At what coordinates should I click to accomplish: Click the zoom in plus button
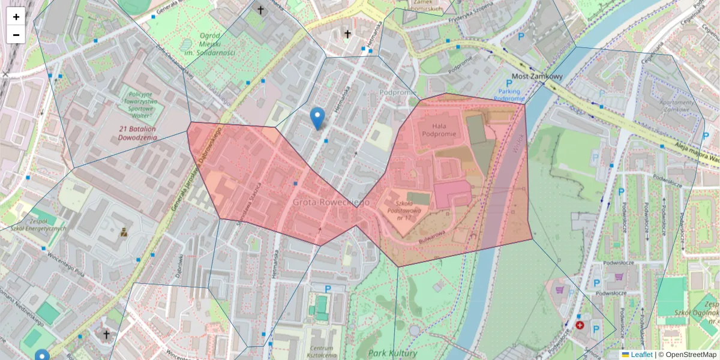[x=16, y=17]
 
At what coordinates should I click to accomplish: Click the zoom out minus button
[x=16, y=35]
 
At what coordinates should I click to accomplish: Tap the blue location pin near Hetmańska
[x=317, y=118]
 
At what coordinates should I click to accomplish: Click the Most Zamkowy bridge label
[x=538, y=77]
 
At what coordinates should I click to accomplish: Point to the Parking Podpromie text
[x=509, y=95]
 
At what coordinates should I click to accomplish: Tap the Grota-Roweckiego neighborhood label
[x=331, y=203]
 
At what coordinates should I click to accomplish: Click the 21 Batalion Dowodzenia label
[x=137, y=133]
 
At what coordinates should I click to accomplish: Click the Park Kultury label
[x=393, y=353]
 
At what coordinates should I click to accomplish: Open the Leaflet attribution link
[x=641, y=355]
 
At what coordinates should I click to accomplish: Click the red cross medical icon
[x=580, y=325]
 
